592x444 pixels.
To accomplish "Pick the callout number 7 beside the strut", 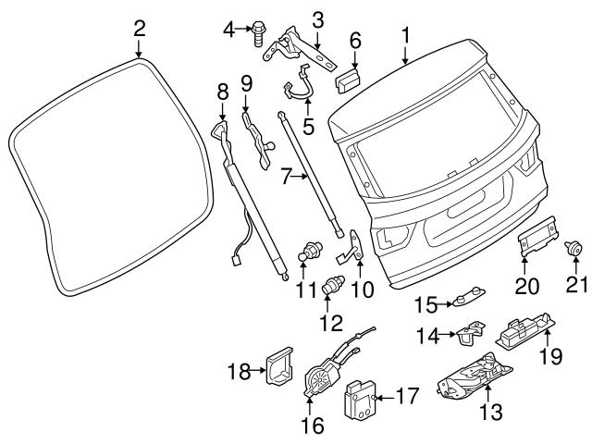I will coord(286,174).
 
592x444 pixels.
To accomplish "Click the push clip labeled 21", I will coord(574,247).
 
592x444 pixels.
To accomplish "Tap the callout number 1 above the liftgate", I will coord(405,35).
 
